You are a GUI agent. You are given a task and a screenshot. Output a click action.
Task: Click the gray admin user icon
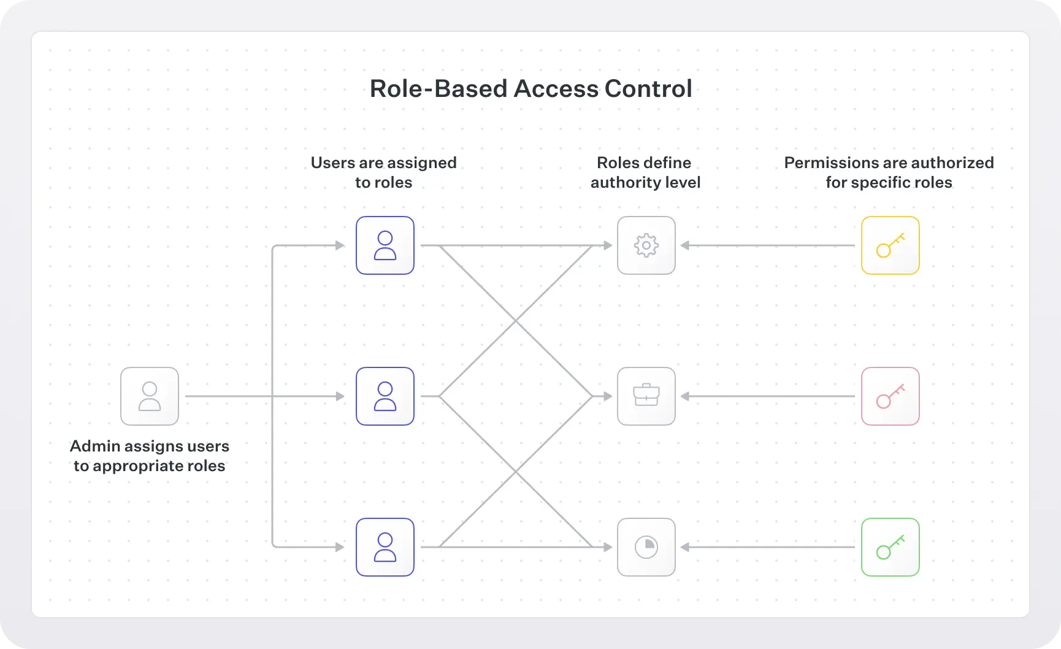point(150,396)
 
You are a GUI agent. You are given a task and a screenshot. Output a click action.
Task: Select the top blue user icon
point(385,245)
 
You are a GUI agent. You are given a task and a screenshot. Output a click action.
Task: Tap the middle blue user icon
point(385,396)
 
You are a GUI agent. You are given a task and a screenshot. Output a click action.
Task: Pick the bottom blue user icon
point(385,547)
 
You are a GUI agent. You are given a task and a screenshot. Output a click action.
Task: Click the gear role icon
point(646,245)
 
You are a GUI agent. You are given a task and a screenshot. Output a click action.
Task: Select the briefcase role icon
point(646,396)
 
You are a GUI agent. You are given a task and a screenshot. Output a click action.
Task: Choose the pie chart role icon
point(646,547)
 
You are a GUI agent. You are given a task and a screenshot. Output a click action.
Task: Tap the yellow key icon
point(891,245)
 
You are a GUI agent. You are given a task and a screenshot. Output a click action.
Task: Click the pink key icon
point(891,396)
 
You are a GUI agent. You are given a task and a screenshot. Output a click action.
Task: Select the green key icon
point(891,547)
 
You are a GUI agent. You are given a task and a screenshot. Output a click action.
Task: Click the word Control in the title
point(648,88)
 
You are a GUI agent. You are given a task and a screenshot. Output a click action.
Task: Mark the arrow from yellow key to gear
point(767,245)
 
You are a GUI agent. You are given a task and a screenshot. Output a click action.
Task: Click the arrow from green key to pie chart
point(767,547)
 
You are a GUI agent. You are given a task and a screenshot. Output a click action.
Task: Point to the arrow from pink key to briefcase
point(767,396)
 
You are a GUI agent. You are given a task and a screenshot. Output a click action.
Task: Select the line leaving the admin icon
point(227,396)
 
